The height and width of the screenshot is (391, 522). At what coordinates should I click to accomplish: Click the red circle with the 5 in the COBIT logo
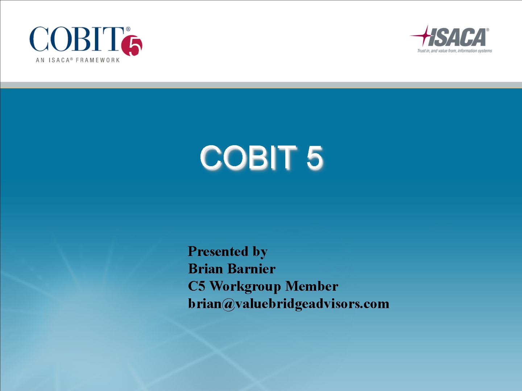pyautogui.click(x=132, y=46)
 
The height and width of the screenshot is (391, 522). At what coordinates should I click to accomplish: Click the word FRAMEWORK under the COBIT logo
pyautogui.click(x=98, y=60)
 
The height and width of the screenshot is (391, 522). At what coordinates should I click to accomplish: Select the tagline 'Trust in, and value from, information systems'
pyautogui.click(x=455, y=51)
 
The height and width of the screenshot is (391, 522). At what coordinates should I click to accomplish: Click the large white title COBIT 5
pyautogui.click(x=261, y=157)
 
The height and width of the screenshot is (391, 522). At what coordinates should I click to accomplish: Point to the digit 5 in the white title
pyautogui.click(x=314, y=157)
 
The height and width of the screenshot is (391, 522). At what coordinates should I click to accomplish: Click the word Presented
pyautogui.click(x=218, y=251)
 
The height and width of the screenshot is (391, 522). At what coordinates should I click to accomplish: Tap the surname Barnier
pyautogui.click(x=252, y=269)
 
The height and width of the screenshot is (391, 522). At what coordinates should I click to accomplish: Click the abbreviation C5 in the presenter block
pyautogui.click(x=196, y=286)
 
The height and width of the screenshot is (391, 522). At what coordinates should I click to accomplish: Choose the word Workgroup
pyautogui.click(x=245, y=287)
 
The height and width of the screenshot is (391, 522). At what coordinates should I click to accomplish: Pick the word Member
pyautogui.click(x=312, y=286)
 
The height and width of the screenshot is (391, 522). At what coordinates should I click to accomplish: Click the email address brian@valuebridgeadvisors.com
pyautogui.click(x=289, y=304)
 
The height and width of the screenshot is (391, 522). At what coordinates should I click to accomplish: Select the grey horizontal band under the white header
pyautogui.click(x=261, y=85)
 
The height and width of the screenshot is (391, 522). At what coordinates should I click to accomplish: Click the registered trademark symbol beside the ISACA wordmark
pyautogui.click(x=488, y=30)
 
